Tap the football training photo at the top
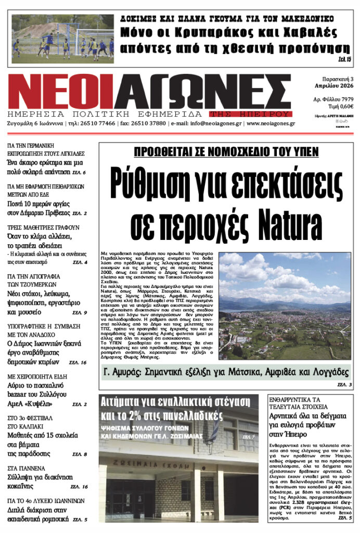pyautogui.click(x=62, y=39)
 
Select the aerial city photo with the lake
pyautogui.click(x=284, y=306)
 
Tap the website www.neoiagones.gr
pyautogui.click(x=271, y=123)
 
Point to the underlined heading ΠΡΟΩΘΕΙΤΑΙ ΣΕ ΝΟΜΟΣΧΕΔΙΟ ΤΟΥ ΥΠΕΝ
pyautogui.click(x=224, y=153)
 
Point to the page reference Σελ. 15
pyautogui.click(x=344, y=60)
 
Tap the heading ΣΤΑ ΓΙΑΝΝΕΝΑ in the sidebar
pyautogui.click(x=26, y=467)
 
